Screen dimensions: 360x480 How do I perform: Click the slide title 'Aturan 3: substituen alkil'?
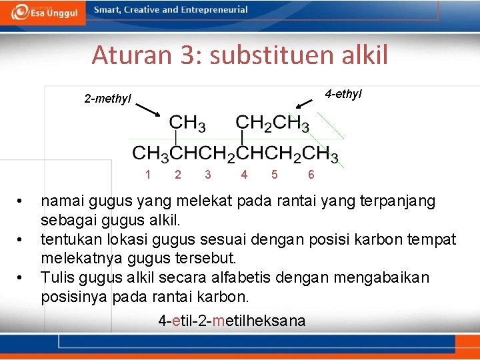[239, 55]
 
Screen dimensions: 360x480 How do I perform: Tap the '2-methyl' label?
[108, 99]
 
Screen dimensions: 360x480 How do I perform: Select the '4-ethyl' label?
[343, 94]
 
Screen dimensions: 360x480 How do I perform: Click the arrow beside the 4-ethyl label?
[304, 103]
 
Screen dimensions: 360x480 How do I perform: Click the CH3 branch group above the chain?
[187, 123]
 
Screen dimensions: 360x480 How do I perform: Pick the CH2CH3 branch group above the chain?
[272, 123]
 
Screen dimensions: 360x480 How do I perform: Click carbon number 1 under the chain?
[147, 175]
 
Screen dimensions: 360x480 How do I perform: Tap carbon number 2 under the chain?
[177, 175]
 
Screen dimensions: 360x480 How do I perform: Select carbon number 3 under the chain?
[208, 175]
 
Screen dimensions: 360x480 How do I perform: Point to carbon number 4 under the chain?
[244, 175]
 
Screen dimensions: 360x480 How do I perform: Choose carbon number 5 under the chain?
[275, 175]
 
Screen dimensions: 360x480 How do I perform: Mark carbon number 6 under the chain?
[311, 175]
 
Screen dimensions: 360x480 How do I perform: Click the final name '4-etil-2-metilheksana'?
[232, 321]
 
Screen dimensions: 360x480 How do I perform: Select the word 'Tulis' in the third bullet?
[57, 277]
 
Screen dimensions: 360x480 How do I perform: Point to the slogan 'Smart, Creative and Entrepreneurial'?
[171, 10]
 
